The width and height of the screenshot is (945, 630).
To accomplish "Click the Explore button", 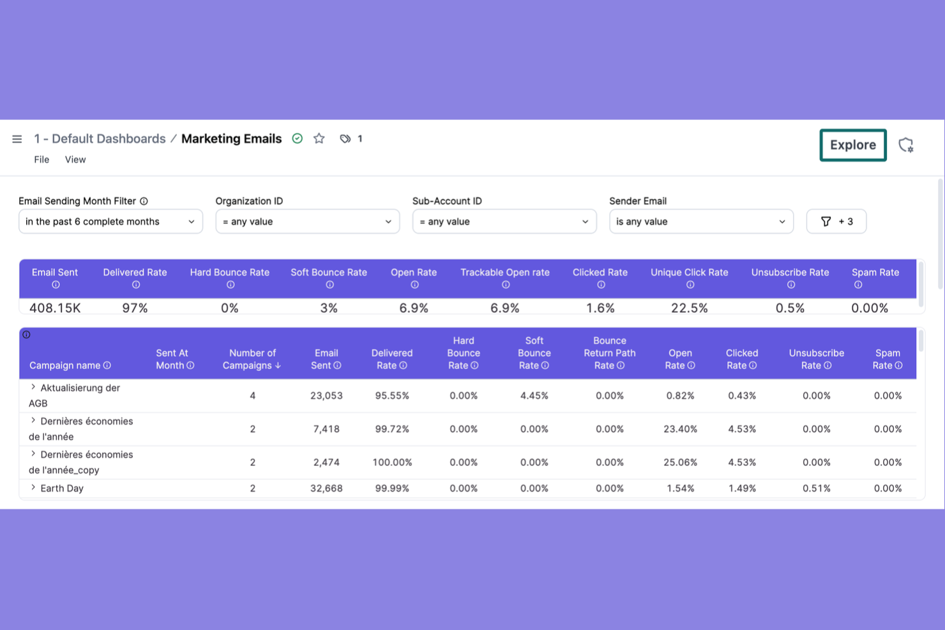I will pyautogui.click(x=852, y=145).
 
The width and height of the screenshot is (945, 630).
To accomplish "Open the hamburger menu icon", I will pyautogui.click(x=17, y=139).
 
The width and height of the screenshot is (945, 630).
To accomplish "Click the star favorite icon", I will pyautogui.click(x=319, y=139).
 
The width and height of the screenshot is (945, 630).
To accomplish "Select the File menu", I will pyautogui.click(x=42, y=160).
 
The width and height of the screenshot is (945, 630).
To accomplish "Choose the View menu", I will pyautogui.click(x=75, y=160).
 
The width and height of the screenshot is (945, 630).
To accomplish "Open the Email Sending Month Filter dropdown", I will pyautogui.click(x=110, y=221).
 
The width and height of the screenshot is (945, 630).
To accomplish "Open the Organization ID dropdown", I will pyautogui.click(x=307, y=221).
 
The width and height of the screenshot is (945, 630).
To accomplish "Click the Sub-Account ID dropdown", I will pyautogui.click(x=504, y=221).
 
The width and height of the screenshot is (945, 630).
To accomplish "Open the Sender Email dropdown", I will pyautogui.click(x=700, y=221).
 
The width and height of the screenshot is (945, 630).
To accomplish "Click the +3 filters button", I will pyautogui.click(x=836, y=221).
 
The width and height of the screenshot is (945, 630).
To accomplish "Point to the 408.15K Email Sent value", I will pyautogui.click(x=55, y=308).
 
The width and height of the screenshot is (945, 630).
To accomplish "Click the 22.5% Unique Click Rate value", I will pyautogui.click(x=689, y=308).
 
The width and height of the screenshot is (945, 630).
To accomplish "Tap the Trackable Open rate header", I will pyautogui.click(x=504, y=273).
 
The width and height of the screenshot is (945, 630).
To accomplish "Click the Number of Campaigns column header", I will pyautogui.click(x=252, y=359).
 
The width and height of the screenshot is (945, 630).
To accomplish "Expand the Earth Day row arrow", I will pyautogui.click(x=33, y=488).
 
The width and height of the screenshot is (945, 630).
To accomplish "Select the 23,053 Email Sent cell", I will pyautogui.click(x=326, y=396).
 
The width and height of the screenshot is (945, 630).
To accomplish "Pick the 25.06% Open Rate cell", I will pyautogui.click(x=680, y=462).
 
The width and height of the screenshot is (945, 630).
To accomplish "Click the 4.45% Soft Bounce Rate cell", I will pyautogui.click(x=534, y=396).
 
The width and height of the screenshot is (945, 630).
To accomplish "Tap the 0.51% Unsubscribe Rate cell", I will pyautogui.click(x=816, y=488).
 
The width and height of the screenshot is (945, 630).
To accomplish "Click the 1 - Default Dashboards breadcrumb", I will pyautogui.click(x=100, y=139).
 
